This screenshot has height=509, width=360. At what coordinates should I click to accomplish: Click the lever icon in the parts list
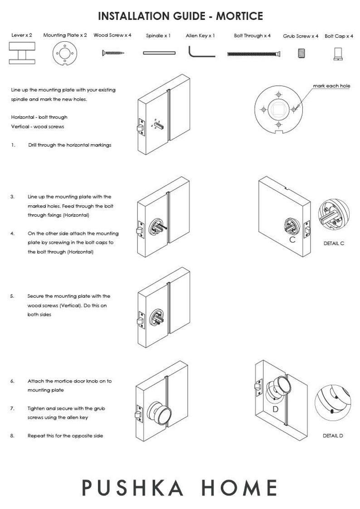(21, 53)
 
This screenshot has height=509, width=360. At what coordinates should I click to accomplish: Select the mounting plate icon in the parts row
(65, 54)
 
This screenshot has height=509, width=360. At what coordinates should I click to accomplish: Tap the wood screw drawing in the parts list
(112, 53)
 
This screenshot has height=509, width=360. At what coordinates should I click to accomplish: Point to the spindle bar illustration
(159, 53)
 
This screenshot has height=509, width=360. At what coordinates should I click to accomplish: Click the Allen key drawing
(200, 52)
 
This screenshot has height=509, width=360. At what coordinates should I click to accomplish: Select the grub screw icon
(302, 53)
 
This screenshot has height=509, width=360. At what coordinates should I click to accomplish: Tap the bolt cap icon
(338, 54)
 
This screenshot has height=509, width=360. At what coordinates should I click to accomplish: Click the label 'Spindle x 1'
(158, 36)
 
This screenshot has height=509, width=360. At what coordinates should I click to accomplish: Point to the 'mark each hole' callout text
(331, 86)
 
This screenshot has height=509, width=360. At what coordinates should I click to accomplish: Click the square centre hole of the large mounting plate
(277, 109)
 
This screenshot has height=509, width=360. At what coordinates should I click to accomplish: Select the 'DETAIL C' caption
(334, 243)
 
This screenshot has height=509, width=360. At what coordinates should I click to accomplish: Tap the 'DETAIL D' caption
(333, 436)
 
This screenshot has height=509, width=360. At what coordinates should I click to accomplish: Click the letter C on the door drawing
(292, 240)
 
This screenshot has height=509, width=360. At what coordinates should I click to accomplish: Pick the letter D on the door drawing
(275, 409)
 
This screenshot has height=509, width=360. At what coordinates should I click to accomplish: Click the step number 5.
(12, 296)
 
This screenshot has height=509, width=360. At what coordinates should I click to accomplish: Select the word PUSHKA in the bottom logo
(133, 488)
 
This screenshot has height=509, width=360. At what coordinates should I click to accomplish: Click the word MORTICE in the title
(239, 16)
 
